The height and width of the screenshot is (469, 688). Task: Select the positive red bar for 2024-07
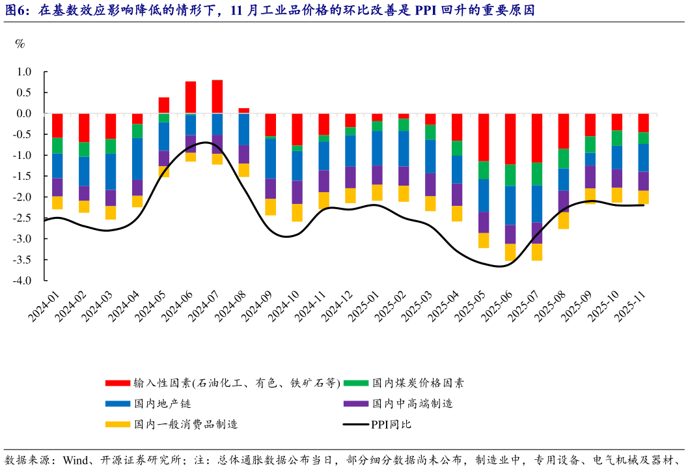pyautogui.click(x=217, y=97)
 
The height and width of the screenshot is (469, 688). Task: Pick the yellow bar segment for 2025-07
pyautogui.click(x=537, y=252)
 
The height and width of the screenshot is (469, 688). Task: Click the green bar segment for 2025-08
pyautogui.click(x=564, y=158)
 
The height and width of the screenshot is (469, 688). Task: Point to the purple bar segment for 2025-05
pyautogui.click(x=484, y=222)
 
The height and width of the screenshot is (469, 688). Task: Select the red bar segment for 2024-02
pyautogui.click(x=85, y=128)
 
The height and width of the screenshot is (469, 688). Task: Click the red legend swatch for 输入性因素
pyautogui.click(x=118, y=383)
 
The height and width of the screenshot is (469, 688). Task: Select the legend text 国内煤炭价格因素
pyautogui.click(x=418, y=383)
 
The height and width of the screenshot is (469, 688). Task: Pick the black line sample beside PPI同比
pyautogui.click(x=355, y=425)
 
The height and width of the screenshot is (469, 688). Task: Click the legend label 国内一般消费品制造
pyautogui.click(x=186, y=425)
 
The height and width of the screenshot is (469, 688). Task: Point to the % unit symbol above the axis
pyautogui.click(x=20, y=44)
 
